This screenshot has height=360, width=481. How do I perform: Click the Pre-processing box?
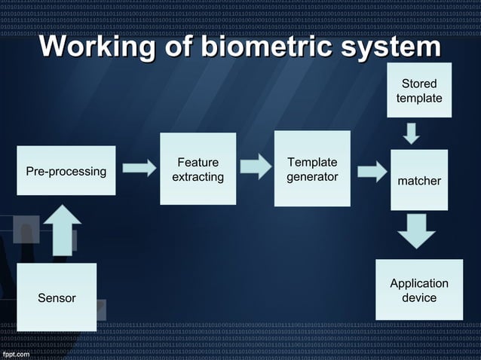tap(66, 171)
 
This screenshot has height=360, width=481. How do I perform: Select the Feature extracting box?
tap(198, 169)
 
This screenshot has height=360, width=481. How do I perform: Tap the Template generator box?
tap(312, 169)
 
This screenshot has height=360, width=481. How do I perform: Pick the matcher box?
tap(419, 180)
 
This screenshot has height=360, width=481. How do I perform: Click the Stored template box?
tap(419, 90)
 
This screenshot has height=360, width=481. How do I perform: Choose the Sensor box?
tap(57, 297)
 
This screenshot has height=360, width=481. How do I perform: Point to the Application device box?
tap(419, 290)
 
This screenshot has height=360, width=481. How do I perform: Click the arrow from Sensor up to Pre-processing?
tap(63, 230)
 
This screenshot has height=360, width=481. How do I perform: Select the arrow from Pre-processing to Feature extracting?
tap(139, 168)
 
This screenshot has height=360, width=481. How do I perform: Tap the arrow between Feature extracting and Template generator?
tap(255, 166)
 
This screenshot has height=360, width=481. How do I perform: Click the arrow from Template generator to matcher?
tap(371, 171)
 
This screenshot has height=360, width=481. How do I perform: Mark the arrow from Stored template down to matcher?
tap(411, 133)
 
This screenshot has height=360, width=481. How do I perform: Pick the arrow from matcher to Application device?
tap(416, 230)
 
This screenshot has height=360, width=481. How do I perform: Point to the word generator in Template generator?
tap(312, 177)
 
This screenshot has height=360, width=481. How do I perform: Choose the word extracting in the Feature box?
tap(198, 177)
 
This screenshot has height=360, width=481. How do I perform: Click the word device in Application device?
tap(419, 297)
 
